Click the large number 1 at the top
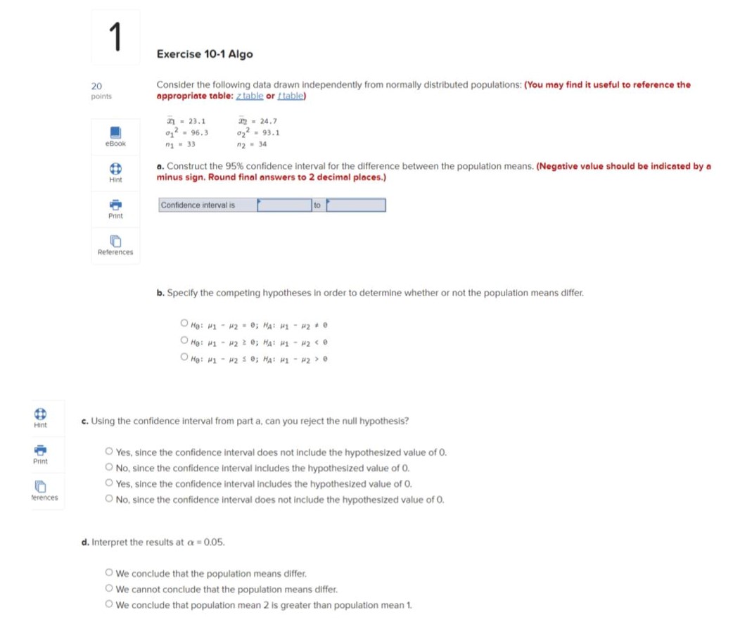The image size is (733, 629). (x=116, y=37)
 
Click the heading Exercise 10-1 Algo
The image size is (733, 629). (x=205, y=54)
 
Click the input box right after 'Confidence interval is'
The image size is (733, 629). (x=284, y=205)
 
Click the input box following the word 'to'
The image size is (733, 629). (x=355, y=205)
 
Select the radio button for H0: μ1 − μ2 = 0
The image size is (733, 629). (x=184, y=324)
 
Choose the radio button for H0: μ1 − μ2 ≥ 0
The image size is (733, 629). (x=184, y=341)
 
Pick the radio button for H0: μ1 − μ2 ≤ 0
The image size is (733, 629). (x=184, y=357)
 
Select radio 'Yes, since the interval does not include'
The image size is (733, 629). (x=109, y=452)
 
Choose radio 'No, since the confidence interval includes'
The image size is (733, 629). (x=109, y=468)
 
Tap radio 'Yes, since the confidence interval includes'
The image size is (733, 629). (x=109, y=483)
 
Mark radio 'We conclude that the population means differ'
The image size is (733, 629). (x=109, y=573)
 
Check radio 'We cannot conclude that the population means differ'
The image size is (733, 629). (x=109, y=589)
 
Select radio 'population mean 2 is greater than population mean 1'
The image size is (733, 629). (x=109, y=604)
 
